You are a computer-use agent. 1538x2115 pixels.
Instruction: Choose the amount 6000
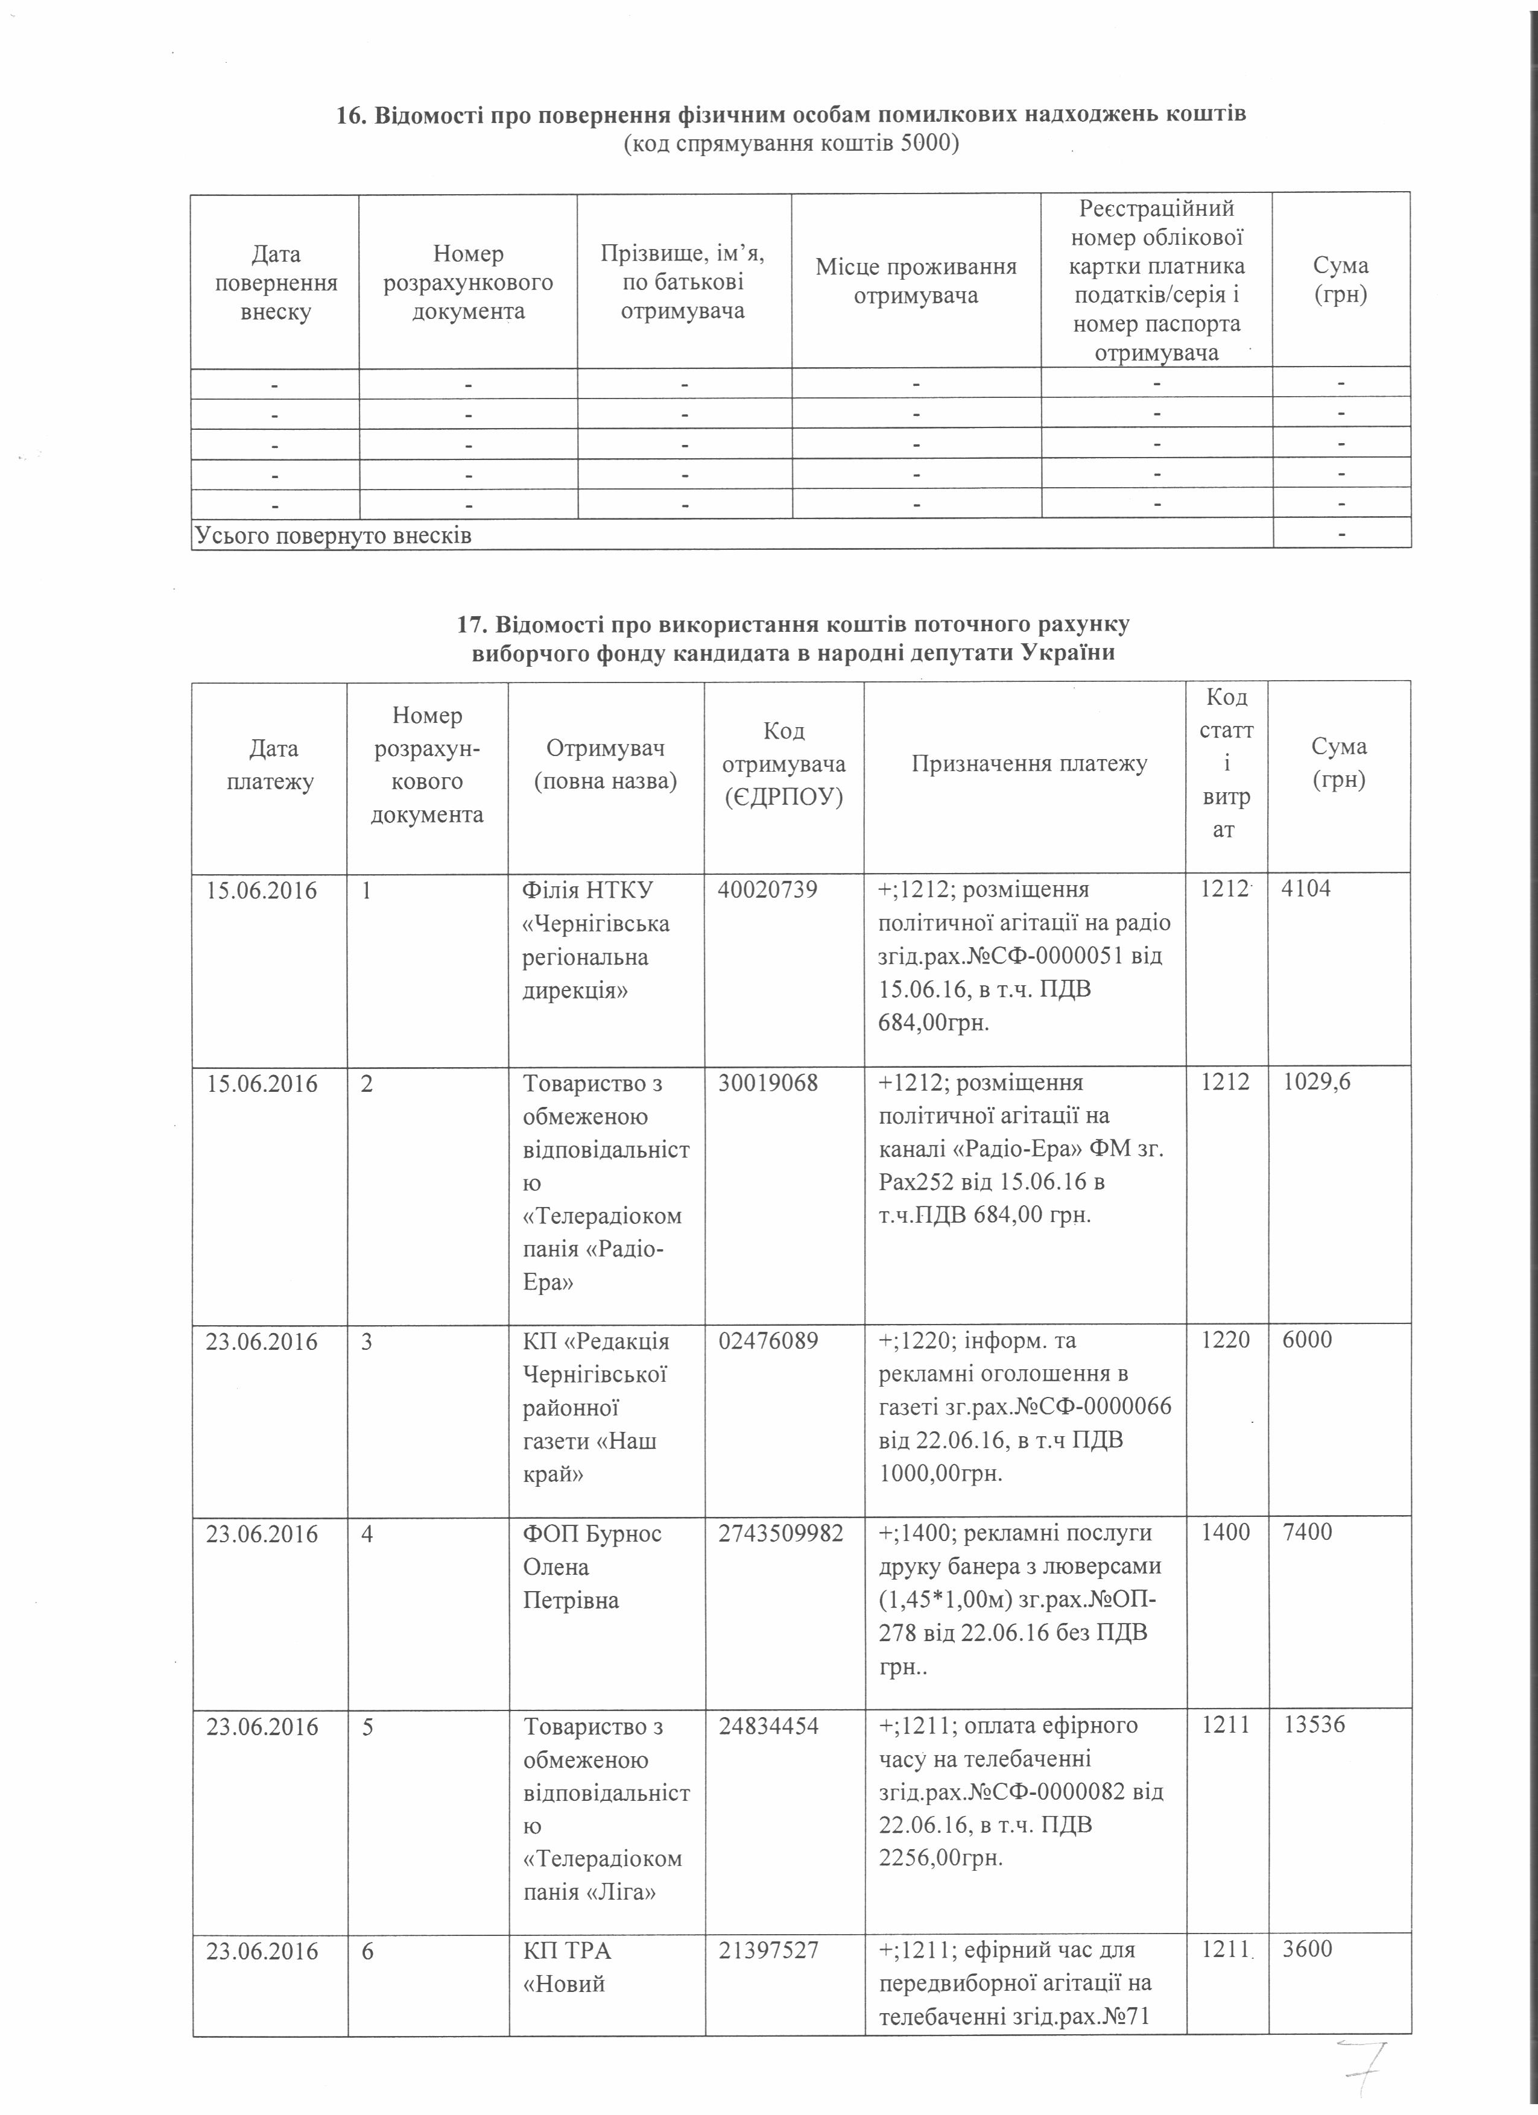1306,1340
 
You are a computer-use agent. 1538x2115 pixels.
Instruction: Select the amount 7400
1306,1533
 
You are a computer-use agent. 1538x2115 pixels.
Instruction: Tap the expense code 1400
1224,1533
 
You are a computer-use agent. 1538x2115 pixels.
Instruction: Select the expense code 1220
1224,1340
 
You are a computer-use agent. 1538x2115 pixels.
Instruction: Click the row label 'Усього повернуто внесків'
333,535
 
